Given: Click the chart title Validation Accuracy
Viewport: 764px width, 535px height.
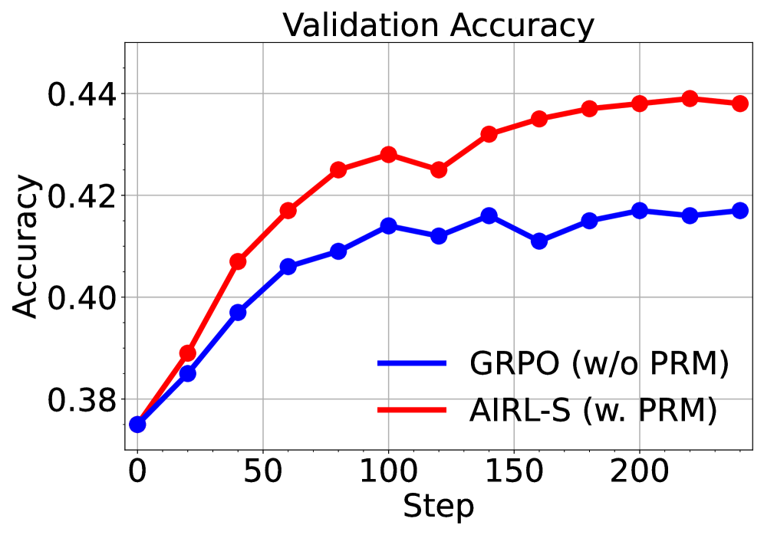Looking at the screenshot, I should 438,25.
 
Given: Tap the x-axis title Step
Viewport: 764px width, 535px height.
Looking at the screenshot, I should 438,506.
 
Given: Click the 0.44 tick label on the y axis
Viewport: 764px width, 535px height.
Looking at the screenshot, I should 79,94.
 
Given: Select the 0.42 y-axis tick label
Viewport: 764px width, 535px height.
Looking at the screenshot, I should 79,195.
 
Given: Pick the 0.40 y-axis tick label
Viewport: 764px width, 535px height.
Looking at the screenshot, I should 79,297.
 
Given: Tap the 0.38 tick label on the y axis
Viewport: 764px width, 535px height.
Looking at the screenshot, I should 79,399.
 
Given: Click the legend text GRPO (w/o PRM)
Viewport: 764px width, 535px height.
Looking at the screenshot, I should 599,364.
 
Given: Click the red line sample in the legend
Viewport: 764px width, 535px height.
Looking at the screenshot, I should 413,412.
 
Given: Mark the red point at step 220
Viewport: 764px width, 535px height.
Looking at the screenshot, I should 690,98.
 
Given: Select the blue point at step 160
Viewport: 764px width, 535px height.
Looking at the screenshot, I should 539,241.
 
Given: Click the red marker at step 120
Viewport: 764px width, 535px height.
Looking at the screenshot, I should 439,169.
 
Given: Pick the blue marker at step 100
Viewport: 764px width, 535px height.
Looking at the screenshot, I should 388,226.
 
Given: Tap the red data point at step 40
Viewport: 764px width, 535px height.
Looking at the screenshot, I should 238,261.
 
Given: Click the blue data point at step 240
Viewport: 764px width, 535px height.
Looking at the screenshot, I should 739,211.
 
